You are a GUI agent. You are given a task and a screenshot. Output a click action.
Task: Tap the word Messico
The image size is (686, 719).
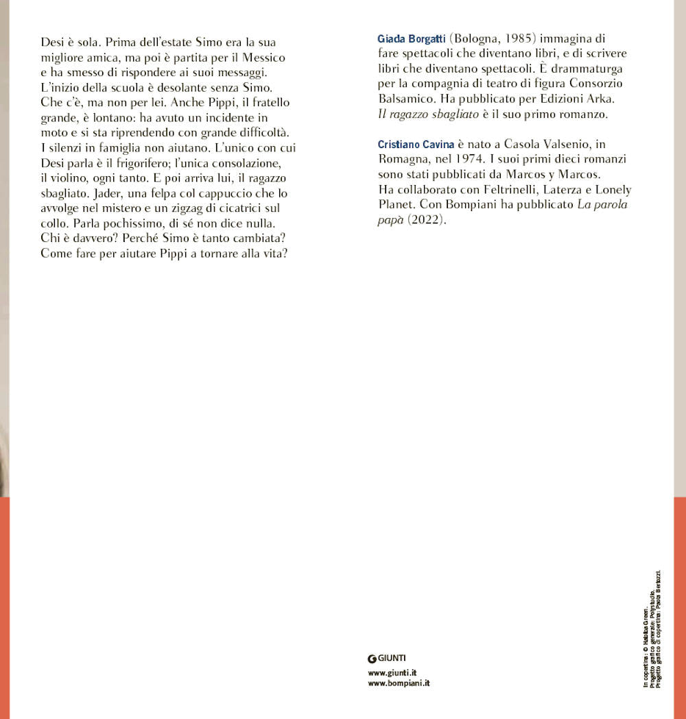[261, 58]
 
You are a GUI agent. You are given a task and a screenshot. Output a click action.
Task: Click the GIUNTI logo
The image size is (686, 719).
[387, 658]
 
